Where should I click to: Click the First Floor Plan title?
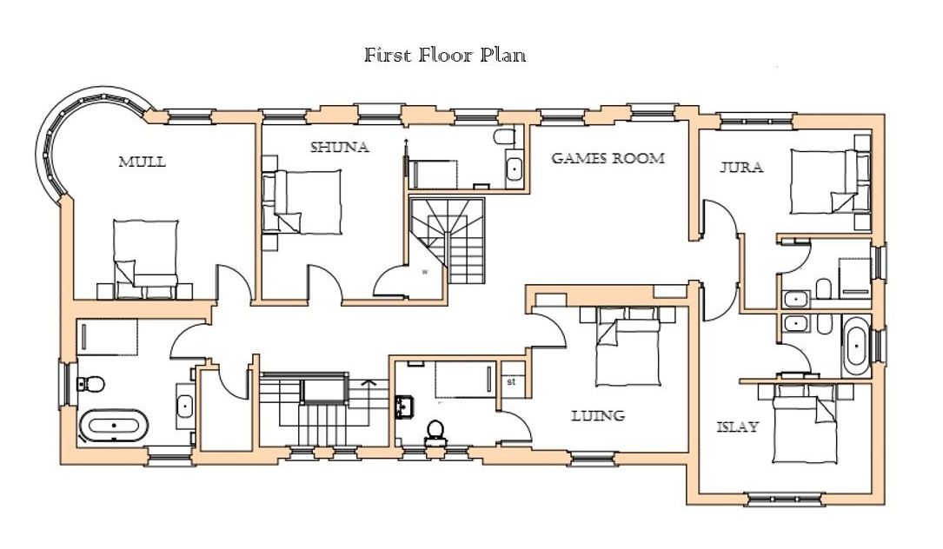point(445,56)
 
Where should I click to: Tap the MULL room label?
point(142,162)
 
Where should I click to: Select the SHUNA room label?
point(340,148)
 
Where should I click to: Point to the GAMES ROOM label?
point(608,158)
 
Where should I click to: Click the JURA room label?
point(741,167)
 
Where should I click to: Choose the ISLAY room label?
point(738,427)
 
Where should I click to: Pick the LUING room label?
point(598,415)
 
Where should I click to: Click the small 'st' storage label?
point(511,381)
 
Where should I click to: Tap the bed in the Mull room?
point(146,260)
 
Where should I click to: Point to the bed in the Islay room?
point(805,423)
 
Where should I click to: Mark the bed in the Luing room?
point(628,347)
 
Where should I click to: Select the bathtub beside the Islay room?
point(855,347)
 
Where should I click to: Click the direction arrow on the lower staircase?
point(368,382)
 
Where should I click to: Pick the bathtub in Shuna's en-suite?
point(515,169)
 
